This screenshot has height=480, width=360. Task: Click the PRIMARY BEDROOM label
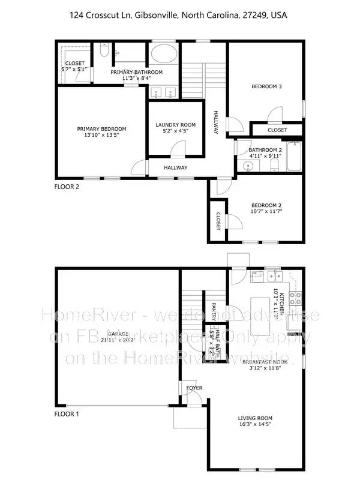point(101,129)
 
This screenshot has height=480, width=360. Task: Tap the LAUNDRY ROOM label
point(175,125)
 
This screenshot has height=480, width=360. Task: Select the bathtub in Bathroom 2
point(295,158)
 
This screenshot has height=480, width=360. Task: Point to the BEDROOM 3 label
point(266,87)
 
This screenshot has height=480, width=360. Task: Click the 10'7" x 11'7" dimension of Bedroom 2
point(266,212)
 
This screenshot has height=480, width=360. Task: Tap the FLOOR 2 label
point(67,186)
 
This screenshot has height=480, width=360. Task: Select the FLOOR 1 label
point(67,414)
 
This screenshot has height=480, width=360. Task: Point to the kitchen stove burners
point(296,295)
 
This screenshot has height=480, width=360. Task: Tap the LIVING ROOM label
point(255,418)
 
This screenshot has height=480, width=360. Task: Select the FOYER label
point(194,388)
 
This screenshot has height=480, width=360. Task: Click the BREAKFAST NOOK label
point(265,362)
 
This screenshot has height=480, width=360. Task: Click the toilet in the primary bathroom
point(104,51)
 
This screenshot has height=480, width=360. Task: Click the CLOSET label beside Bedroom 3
point(277,130)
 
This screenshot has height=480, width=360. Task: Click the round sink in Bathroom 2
point(248,168)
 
